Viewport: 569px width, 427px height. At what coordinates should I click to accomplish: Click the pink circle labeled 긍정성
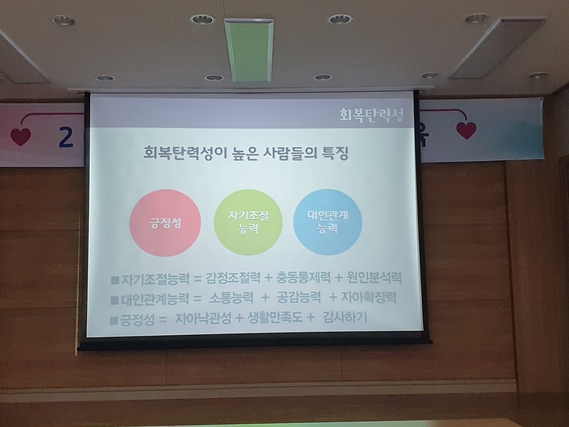tap(165, 223)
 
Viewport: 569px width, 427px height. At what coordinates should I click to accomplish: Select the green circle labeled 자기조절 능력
tap(248, 222)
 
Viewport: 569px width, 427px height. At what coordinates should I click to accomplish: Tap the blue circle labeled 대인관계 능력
tap(328, 222)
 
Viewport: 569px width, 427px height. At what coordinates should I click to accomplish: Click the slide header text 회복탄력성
tap(372, 115)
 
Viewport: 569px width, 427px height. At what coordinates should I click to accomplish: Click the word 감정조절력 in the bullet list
tap(233, 278)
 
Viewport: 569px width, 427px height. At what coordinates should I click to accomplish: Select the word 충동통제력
tap(303, 278)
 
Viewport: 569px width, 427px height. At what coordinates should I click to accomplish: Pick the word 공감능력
tap(299, 297)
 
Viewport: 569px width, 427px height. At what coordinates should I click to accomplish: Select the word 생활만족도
tap(275, 318)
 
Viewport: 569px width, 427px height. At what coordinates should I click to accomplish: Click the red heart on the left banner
tap(21, 136)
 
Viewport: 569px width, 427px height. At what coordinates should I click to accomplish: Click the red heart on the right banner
tap(466, 130)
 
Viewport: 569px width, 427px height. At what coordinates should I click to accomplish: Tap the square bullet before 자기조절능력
tap(115, 280)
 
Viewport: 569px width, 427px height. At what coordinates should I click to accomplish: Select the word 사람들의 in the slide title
tap(287, 153)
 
